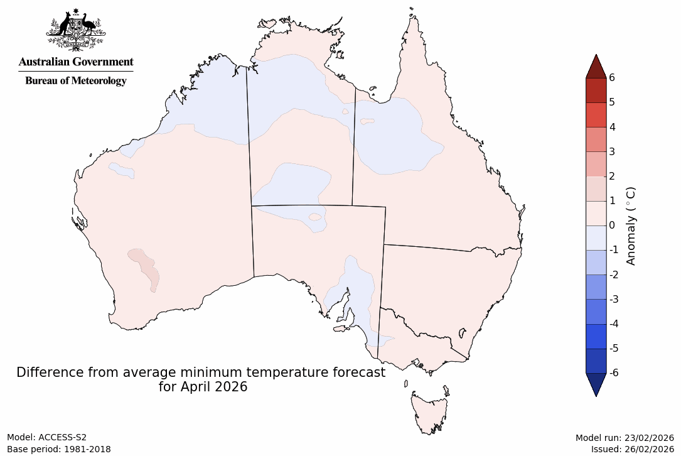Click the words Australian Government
[76, 62]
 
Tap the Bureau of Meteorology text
[76, 80]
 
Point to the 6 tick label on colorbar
[611, 77]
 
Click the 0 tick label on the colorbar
[611, 225]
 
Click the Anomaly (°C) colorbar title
[631, 225]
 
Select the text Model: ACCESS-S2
[46, 437]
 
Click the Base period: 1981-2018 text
[59, 449]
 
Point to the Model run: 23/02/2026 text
[624, 437]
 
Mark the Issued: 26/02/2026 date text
[631, 449]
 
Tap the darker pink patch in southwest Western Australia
[145, 267]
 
